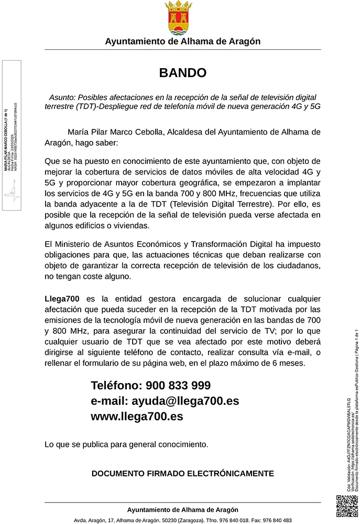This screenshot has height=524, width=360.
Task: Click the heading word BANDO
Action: [183, 73]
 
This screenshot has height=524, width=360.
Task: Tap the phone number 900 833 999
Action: [178, 386]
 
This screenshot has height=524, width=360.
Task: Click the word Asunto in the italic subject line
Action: [62, 97]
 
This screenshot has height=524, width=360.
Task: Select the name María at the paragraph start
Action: [79, 132]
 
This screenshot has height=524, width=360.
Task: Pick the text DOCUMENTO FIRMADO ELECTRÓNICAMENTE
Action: [183, 473]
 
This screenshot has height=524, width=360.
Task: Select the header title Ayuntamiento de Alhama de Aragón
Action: [183, 41]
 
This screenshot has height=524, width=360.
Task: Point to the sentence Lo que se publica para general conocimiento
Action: [126, 445]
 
